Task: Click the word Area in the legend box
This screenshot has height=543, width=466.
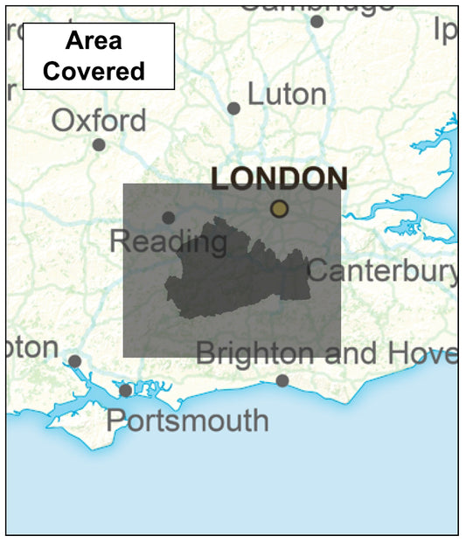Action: [94, 41]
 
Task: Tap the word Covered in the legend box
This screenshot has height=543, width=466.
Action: [94, 71]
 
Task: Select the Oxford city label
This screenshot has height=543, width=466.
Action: [99, 120]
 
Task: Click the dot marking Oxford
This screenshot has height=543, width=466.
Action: [99, 145]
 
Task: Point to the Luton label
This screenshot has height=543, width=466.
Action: [287, 94]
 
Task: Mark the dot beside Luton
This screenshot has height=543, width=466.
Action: [233, 108]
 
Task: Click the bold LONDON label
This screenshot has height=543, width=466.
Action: [279, 178]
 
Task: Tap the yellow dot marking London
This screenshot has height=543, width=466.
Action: [279, 208]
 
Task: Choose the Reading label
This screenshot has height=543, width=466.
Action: [168, 241]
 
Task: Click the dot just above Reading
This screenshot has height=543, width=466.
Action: [168, 218]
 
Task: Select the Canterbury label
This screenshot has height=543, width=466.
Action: [382, 271]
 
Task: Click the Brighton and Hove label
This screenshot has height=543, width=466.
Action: [325, 354]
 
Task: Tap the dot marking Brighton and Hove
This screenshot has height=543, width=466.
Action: [282, 380]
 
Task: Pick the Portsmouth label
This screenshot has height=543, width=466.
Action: [187, 421]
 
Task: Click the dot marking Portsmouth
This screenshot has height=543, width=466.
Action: [126, 390]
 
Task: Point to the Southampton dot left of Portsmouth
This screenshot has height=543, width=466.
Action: [75, 361]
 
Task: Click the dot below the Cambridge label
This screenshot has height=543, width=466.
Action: [316, 22]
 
